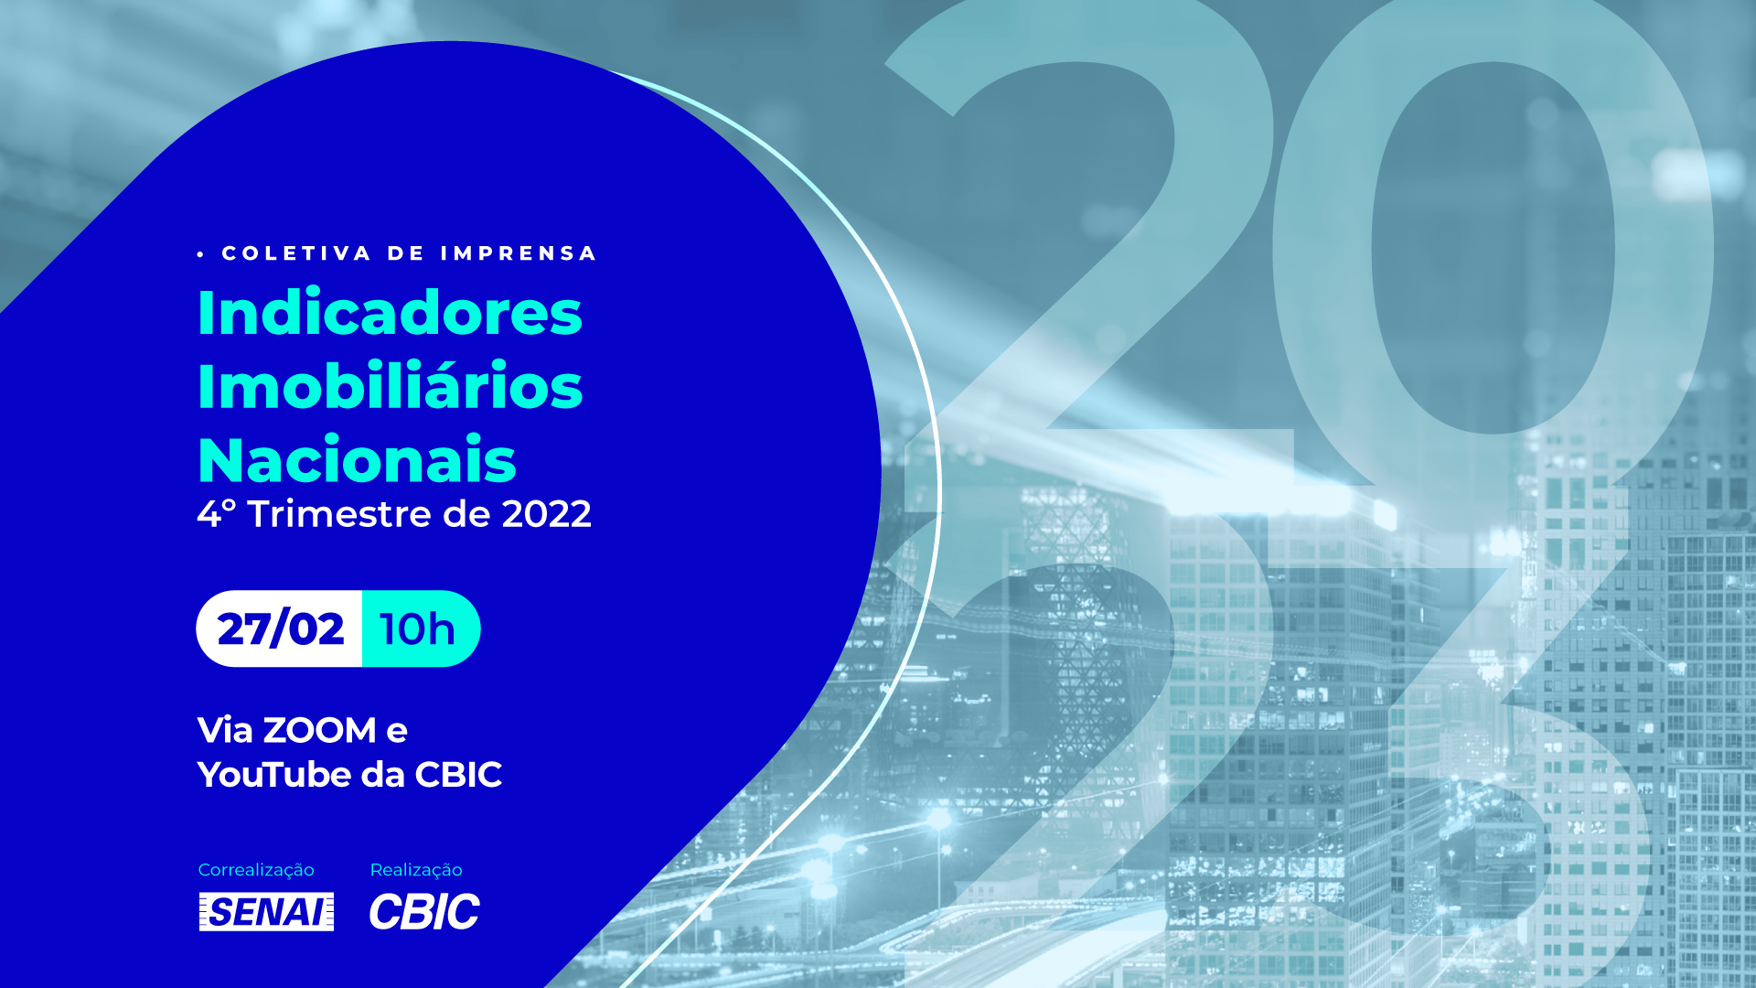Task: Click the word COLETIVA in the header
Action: click(x=296, y=253)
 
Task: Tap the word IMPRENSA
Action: click(x=519, y=253)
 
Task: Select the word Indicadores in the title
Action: click(x=390, y=313)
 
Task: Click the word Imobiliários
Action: click(x=390, y=386)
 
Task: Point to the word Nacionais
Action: click(x=357, y=459)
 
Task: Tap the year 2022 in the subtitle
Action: click(x=547, y=514)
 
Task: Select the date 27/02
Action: click(x=281, y=628)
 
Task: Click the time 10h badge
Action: click(x=421, y=628)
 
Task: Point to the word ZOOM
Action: click(x=319, y=730)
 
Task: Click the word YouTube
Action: click(x=274, y=775)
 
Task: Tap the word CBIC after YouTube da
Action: click(x=458, y=775)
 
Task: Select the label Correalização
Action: click(x=256, y=870)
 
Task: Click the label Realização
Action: click(x=416, y=870)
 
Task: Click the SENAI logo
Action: click(x=266, y=912)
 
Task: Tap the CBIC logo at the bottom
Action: click(x=424, y=912)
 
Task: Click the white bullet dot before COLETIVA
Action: click(x=200, y=254)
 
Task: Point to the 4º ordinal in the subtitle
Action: click(x=217, y=514)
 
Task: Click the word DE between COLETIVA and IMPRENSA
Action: click(x=406, y=253)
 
